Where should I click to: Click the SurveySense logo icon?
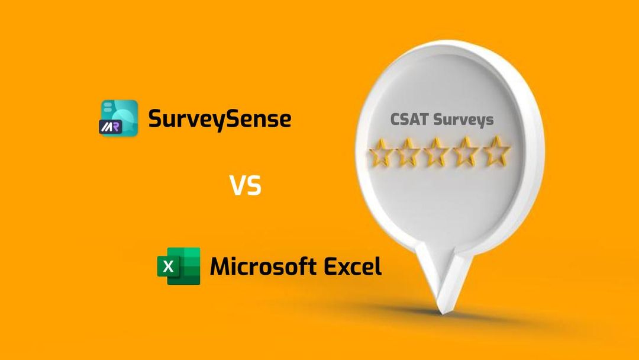[118, 118]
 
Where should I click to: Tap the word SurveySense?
[220, 120]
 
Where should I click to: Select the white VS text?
[246, 186]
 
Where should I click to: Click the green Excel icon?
[179, 266]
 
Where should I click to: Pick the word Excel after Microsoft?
[353, 266]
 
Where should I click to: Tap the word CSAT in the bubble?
[409, 120]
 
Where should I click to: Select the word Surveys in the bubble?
[463, 120]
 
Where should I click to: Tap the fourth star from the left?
[469, 151]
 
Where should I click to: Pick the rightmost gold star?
[497, 151]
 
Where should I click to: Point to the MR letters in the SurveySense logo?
[109, 126]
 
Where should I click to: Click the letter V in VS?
[237, 186]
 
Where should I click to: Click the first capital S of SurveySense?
[154, 120]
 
